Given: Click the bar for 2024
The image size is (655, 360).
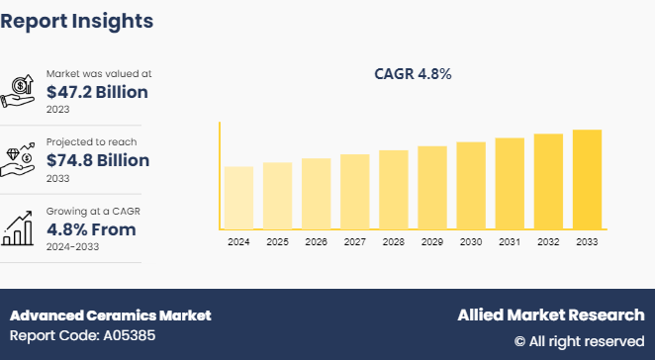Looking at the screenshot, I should pyautogui.click(x=238, y=198).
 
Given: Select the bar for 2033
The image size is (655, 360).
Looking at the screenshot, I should pyautogui.click(x=587, y=180).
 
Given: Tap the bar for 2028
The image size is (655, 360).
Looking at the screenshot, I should pyautogui.click(x=394, y=190).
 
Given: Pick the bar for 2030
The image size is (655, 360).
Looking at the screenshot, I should pyautogui.click(x=471, y=186).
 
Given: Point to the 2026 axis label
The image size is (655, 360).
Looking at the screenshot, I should pyautogui.click(x=317, y=241).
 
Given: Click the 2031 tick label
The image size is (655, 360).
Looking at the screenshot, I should pyautogui.click(x=510, y=241).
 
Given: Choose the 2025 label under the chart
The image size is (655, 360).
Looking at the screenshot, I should pyautogui.click(x=277, y=241).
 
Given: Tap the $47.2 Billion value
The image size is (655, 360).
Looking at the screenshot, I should pyautogui.click(x=97, y=92).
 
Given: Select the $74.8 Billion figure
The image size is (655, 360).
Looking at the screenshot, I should pyautogui.click(x=97, y=160).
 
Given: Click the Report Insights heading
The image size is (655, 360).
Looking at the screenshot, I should pyautogui.click(x=77, y=20).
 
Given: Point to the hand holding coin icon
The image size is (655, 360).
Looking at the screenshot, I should pyautogui.click(x=20, y=91).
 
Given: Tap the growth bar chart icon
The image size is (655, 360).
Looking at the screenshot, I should pyautogui.click(x=20, y=228).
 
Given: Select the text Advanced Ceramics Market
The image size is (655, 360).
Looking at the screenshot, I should pyautogui.click(x=110, y=315).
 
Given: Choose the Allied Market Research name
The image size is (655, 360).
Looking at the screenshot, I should pyautogui.click(x=550, y=315).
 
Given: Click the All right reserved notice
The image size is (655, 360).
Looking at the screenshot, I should pyautogui.click(x=579, y=341).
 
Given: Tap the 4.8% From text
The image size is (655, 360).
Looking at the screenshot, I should pyautogui.click(x=91, y=229).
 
